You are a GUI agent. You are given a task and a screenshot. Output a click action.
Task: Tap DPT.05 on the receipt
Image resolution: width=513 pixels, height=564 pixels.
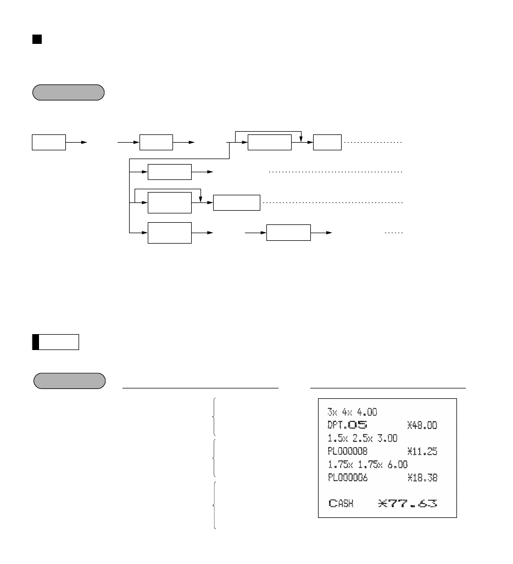tap(348, 425)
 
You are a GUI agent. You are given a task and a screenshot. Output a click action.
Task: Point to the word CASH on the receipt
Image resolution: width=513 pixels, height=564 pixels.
tap(341, 503)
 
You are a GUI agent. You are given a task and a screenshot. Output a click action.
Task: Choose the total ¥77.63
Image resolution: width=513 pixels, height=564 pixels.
tap(408, 503)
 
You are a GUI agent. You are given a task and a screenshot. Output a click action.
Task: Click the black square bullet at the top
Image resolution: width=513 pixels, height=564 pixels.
tap(37, 40)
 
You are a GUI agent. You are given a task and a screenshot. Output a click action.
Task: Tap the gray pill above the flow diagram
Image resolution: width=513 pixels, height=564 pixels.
tap(69, 92)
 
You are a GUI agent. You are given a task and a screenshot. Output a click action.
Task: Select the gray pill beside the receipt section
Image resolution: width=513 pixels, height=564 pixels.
tap(69, 381)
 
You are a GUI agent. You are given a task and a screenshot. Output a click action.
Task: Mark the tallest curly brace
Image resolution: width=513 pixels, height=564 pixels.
tap(214, 505)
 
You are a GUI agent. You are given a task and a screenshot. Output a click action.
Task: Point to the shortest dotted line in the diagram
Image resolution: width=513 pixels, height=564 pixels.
tap(394, 233)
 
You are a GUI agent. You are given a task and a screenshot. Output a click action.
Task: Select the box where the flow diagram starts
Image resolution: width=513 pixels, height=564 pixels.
tap(49, 142)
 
